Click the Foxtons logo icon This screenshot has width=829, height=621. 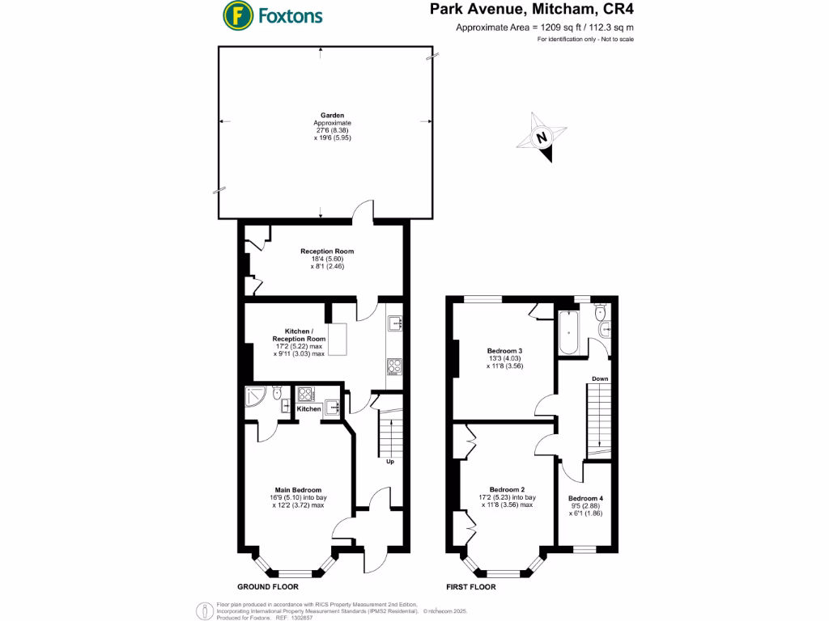coord(236,15)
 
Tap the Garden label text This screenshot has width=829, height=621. coord(322,116)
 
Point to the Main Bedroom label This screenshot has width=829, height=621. coord(299,490)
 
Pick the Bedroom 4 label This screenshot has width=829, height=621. coord(585,498)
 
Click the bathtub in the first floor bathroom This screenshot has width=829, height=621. coord(568,334)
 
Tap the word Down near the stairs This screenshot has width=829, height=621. coord(600,378)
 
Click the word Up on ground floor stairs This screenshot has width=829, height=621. coord(389,462)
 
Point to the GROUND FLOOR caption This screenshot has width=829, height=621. coord(267,586)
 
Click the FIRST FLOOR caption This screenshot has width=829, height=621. coord(470,586)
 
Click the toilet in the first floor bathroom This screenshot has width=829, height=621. coord(601,312)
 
